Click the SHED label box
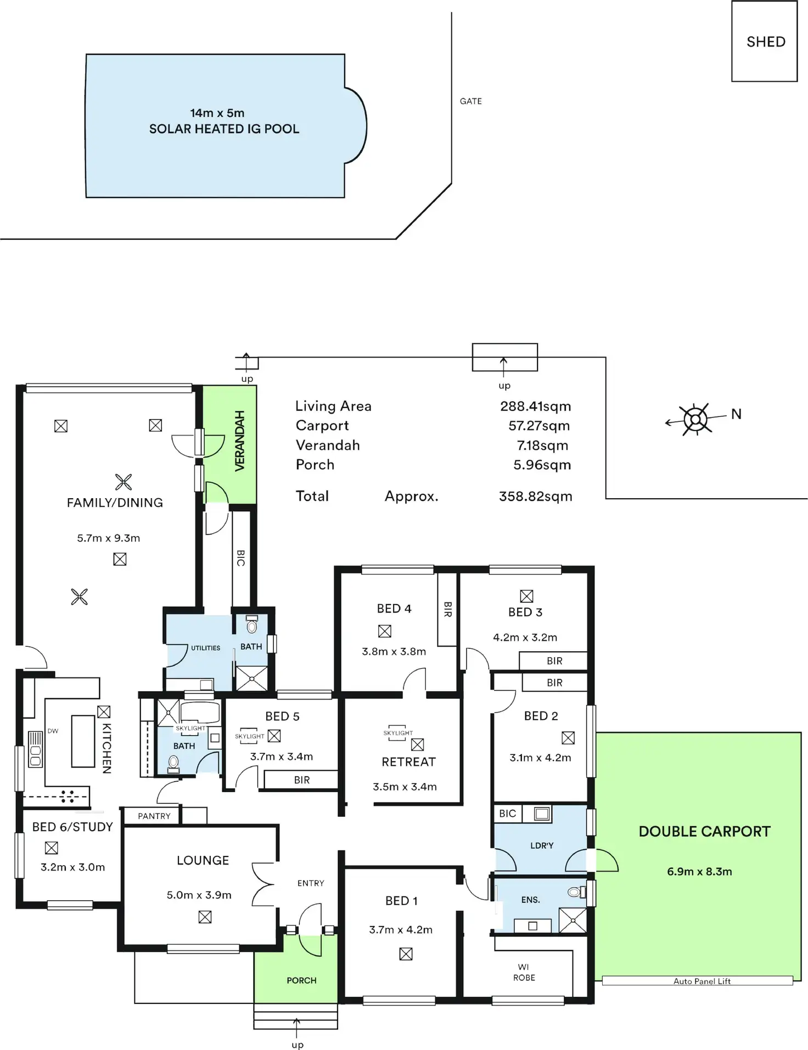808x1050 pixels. click(765, 42)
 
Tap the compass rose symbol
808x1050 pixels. click(695, 420)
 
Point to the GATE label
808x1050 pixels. click(470, 101)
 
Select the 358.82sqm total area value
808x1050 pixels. click(535, 496)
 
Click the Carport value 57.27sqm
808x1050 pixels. click(538, 426)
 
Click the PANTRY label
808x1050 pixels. click(154, 816)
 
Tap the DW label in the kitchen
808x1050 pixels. click(53, 731)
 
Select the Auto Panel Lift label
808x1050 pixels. click(702, 981)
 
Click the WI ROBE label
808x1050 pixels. click(524, 972)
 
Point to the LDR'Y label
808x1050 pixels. click(541, 846)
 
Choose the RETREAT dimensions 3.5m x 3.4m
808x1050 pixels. click(405, 787)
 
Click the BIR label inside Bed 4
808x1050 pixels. click(447, 609)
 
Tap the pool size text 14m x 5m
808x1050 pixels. click(217, 113)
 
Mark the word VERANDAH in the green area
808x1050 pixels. click(240, 441)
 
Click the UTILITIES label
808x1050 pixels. click(205, 648)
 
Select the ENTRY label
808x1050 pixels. click(311, 883)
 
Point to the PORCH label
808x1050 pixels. click(301, 980)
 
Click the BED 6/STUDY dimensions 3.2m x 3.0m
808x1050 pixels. click(72, 867)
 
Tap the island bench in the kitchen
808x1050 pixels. click(83, 741)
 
